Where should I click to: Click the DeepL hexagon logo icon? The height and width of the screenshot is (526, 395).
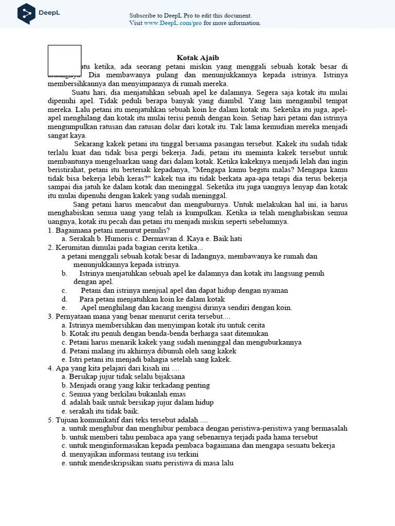(x=26, y=13)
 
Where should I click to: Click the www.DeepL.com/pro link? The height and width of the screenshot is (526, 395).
(x=172, y=23)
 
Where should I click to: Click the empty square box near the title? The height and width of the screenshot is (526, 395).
(x=64, y=61)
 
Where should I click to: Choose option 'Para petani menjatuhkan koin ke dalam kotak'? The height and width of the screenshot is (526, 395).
(x=152, y=299)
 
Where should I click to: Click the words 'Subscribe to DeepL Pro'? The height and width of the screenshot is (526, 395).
(x=161, y=15)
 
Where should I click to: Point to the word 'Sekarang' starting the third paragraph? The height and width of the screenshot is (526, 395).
(x=89, y=144)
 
